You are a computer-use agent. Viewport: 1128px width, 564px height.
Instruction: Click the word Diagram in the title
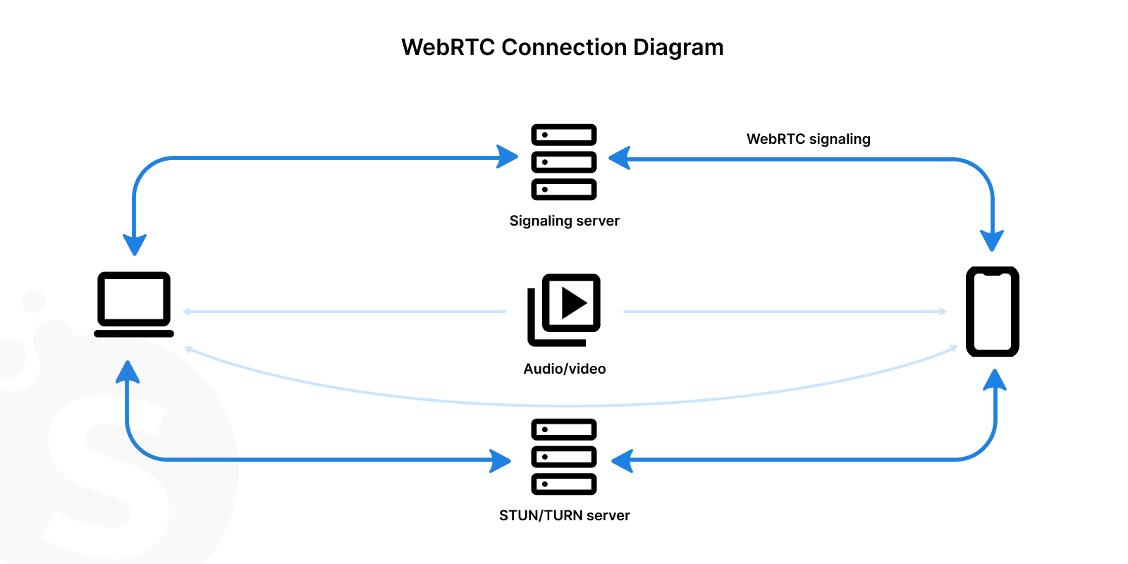678,47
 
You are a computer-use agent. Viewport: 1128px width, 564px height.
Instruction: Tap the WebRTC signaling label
808,139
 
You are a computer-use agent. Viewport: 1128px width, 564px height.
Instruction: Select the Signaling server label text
564,221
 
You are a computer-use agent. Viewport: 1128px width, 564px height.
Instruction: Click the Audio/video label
564,369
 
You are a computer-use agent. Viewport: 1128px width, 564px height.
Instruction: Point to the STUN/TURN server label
564,515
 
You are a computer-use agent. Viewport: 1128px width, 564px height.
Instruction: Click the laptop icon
134,304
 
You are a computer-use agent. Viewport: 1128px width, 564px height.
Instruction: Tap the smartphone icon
992,311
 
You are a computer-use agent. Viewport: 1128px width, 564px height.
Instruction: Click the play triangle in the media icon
573,303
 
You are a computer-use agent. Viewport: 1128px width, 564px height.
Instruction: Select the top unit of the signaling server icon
564,135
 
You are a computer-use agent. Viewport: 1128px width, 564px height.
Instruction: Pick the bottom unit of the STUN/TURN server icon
564,484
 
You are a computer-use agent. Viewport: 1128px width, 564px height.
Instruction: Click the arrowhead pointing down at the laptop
134,244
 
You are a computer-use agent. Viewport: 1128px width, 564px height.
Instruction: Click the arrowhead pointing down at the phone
992,240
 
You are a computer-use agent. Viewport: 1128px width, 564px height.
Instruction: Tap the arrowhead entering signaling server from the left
508,157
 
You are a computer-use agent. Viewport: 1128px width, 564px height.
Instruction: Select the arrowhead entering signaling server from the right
619,158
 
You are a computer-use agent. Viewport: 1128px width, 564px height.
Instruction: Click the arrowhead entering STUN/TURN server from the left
501,461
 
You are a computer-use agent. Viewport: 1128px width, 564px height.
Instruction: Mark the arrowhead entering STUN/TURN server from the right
622,461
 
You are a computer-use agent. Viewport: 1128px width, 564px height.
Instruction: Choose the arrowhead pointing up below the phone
995,381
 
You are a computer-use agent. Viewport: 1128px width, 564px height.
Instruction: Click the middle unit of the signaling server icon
564,162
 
